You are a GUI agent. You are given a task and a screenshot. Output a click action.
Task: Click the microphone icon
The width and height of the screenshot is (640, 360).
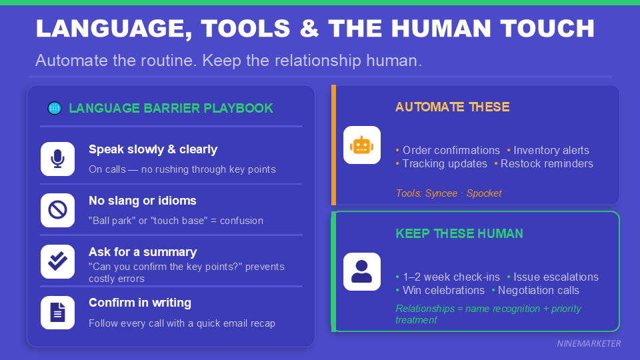click(x=57, y=159)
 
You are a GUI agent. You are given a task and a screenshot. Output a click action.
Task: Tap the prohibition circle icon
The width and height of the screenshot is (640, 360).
click(x=57, y=210)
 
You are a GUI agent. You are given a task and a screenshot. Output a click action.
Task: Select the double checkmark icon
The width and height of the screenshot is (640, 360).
click(x=57, y=261)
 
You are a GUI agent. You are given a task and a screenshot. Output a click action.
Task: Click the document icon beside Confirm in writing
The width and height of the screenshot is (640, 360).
click(x=57, y=312)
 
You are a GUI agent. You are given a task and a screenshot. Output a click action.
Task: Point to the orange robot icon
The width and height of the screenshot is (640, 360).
click(x=361, y=145)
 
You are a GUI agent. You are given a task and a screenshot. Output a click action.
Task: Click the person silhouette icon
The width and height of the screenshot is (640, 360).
click(x=361, y=271)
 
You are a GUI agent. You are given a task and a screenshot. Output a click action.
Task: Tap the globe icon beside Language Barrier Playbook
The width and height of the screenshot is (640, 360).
click(x=55, y=108)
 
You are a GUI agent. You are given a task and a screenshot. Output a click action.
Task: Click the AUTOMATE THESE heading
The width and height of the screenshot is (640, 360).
click(x=452, y=107)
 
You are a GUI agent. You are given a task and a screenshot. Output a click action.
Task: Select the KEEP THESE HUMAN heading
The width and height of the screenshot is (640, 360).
click(x=459, y=233)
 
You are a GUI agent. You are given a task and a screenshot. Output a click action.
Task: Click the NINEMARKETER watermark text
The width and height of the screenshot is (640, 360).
click(x=589, y=343)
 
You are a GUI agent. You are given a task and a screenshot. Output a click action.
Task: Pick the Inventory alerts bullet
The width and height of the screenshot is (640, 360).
click(x=551, y=151)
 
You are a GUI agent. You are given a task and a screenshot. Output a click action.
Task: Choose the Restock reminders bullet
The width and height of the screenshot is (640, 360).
click(x=546, y=163)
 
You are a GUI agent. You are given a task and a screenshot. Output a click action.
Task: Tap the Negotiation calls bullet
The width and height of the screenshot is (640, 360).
click(x=538, y=290)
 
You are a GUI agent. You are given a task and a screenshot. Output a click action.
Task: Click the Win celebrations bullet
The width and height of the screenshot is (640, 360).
click(x=443, y=290)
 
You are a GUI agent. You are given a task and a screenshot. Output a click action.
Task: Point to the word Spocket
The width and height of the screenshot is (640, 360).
click(x=484, y=193)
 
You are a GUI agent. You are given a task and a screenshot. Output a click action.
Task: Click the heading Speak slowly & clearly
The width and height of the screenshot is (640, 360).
click(x=153, y=149)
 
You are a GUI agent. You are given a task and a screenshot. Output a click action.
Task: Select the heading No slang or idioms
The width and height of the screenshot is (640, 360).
click(x=142, y=201)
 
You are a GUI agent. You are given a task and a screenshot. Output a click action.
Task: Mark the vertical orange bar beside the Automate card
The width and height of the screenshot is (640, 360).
click(x=333, y=145)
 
